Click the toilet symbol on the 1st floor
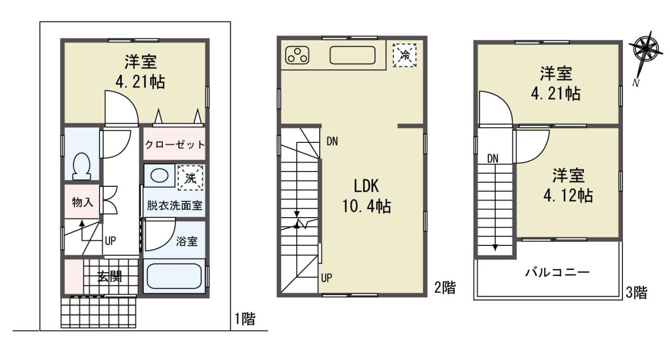(82, 166)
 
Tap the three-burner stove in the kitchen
(297, 55)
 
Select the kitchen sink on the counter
(352, 55)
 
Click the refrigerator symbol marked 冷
(405, 55)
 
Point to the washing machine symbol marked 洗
(190, 178)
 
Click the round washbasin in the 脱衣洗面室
(160, 175)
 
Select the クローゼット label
(175, 145)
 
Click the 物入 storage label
(83, 203)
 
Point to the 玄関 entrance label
(109, 277)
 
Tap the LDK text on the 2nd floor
(366, 186)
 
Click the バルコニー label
(557, 273)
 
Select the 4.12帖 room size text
(568, 196)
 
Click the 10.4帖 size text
(366, 206)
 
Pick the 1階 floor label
(245, 319)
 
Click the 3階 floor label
(636, 292)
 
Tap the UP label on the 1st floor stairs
(110, 241)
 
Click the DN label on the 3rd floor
(493, 159)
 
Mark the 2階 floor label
(445, 288)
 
